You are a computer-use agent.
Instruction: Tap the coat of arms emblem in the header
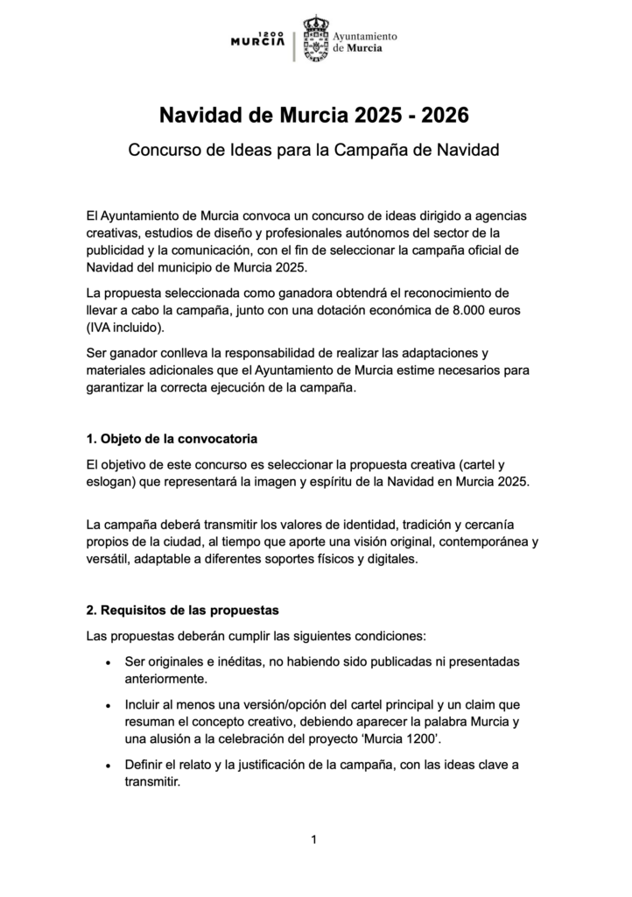coord(315,39)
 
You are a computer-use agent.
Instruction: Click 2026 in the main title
coord(446,115)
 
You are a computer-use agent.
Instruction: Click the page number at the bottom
coord(314,840)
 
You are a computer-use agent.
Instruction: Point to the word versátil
coord(109,559)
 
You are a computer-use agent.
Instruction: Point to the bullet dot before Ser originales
coord(107,661)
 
